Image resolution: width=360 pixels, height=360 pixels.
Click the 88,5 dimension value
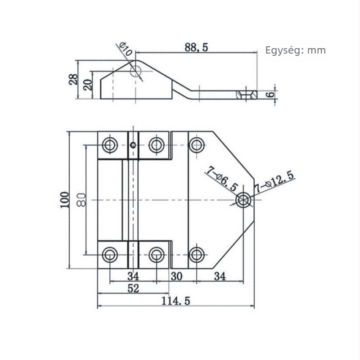[196, 47]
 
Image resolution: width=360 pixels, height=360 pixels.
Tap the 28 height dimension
[73, 80]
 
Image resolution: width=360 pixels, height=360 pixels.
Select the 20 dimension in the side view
[88, 85]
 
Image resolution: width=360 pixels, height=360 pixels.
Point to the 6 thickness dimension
[271, 94]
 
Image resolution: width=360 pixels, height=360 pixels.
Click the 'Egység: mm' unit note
[296, 50]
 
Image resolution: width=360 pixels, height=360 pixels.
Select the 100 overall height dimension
[65, 200]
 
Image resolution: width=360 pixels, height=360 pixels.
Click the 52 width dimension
[133, 288]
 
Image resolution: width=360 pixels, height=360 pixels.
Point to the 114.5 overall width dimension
[176, 301]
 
